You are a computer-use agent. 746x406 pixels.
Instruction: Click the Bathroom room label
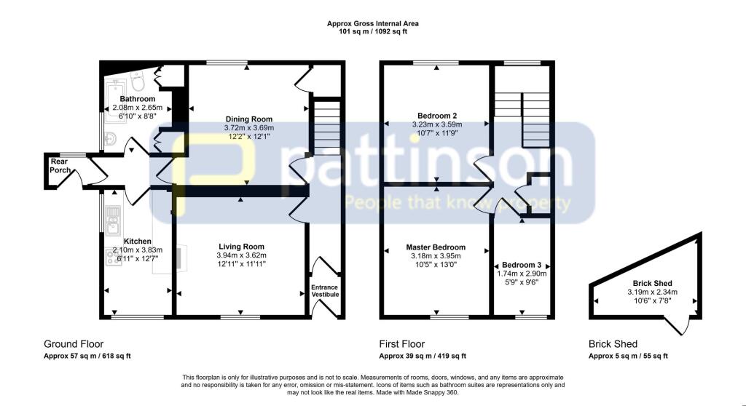(x=138, y=99)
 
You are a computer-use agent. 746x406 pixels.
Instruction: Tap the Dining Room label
(x=248, y=119)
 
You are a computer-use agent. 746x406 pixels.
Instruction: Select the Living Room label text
(x=240, y=247)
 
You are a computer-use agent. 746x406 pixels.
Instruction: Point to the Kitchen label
(x=137, y=241)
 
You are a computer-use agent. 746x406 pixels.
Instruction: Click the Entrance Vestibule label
(x=325, y=291)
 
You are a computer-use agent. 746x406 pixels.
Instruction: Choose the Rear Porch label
(x=60, y=165)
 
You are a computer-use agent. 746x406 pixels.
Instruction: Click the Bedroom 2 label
(x=437, y=116)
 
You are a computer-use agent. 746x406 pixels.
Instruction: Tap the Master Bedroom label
(x=436, y=247)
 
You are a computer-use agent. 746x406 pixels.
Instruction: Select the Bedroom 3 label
(x=520, y=265)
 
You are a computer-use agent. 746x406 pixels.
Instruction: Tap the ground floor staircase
(x=326, y=128)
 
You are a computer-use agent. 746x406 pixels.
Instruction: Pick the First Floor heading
(x=401, y=344)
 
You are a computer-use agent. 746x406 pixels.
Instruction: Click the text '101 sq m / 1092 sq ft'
(x=372, y=32)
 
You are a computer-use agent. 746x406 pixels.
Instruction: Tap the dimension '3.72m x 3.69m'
(x=248, y=128)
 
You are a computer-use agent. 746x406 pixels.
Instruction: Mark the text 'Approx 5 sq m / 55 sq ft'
(x=628, y=357)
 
